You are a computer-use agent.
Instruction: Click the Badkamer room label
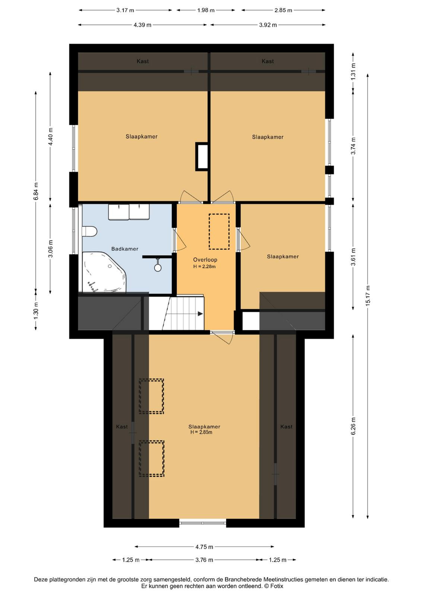point(125,249)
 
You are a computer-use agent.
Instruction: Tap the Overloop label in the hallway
point(205,260)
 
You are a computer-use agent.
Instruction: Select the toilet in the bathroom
point(89,231)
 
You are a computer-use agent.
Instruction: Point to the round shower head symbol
point(158,268)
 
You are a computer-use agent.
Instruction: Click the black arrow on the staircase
point(200,314)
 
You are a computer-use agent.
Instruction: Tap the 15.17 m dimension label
point(368,296)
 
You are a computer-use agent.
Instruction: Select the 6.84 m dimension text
point(36,191)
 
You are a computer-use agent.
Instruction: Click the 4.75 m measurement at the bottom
point(204,547)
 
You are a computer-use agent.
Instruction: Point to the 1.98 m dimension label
point(206,10)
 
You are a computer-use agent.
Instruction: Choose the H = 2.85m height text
point(201,432)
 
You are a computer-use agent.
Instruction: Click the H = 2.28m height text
point(205,266)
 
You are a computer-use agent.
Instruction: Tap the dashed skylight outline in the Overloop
point(219,232)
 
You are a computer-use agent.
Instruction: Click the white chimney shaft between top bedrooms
point(202,156)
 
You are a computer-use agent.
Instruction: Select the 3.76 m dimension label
point(204,560)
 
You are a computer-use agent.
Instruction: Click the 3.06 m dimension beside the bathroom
point(51,249)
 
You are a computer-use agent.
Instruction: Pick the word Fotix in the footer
point(277,586)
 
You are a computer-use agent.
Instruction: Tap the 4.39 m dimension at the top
point(142,25)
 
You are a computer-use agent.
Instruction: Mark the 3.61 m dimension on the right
point(353,257)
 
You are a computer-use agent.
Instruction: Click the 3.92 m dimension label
point(268,25)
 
